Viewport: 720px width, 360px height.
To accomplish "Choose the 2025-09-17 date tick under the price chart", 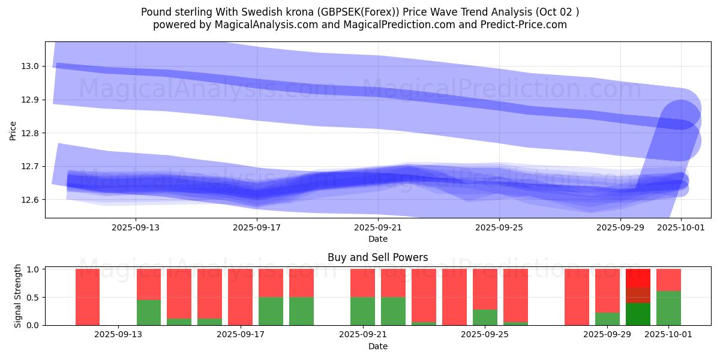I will click(257, 227).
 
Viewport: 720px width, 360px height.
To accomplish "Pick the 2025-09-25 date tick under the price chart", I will click(499, 227).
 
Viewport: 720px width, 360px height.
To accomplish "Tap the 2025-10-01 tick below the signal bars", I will click(668, 335).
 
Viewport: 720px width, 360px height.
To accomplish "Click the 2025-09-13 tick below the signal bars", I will click(118, 335).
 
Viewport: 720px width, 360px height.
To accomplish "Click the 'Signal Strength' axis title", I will click(18, 296).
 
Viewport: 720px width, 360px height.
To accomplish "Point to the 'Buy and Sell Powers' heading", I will click(378, 257).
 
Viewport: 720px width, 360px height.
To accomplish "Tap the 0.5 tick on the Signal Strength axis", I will click(32, 297).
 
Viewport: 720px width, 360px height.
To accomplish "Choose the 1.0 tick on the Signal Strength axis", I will click(32, 269).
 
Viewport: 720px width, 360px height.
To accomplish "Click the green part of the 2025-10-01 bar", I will click(668, 308).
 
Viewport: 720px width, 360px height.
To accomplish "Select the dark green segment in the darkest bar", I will click(638, 314).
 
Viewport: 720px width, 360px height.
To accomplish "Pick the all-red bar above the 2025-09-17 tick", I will click(240, 297).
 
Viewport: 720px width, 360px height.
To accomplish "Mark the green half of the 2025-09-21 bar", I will click(362, 311).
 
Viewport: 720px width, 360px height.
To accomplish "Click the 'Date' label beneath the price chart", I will click(378, 239).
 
